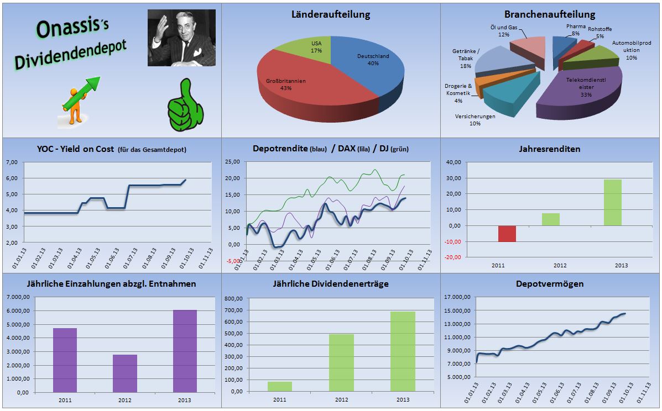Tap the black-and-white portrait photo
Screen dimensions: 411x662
[181, 38]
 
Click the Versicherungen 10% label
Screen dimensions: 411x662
[475, 120]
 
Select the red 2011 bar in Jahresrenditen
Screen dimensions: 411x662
[507, 234]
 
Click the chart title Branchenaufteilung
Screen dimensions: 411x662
[550, 14]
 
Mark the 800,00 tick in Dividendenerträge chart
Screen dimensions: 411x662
[234, 298]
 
